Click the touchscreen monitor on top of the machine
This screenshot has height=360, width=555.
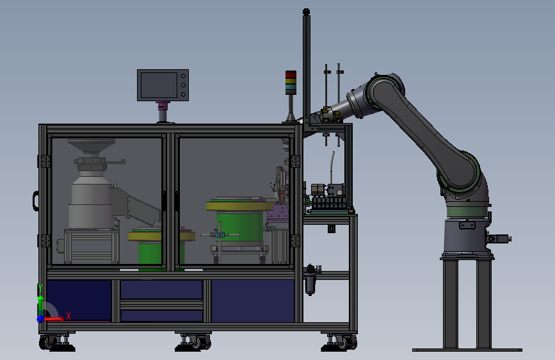click(163, 85)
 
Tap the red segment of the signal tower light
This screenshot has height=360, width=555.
click(291, 75)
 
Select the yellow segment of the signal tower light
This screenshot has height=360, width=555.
click(291, 82)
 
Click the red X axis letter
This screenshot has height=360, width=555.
click(68, 316)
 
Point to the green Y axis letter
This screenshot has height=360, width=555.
click(40, 288)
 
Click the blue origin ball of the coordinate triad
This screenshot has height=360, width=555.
click(40, 319)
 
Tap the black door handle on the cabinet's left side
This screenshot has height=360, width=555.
click(36, 201)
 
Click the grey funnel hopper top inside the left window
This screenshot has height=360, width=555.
click(92, 145)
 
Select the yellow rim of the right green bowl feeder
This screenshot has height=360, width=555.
click(239, 206)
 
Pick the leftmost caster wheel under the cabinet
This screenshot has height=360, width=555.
click(45, 342)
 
